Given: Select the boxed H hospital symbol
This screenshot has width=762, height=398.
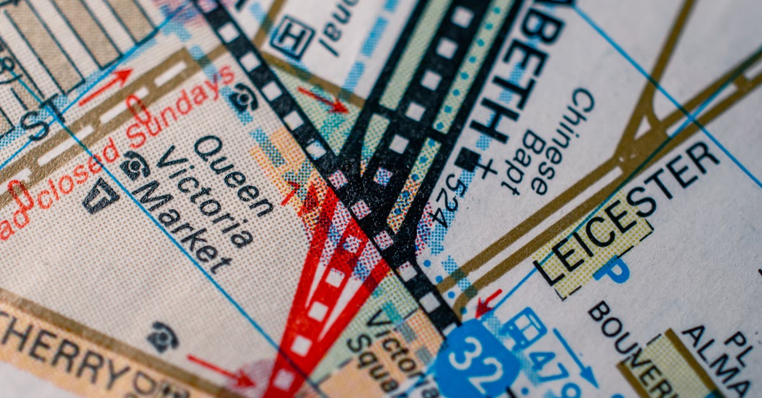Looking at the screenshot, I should [291, 37].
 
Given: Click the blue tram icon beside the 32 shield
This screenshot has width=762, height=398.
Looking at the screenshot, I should [524, 327].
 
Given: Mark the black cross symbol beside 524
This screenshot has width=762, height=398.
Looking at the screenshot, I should [486, 168].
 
